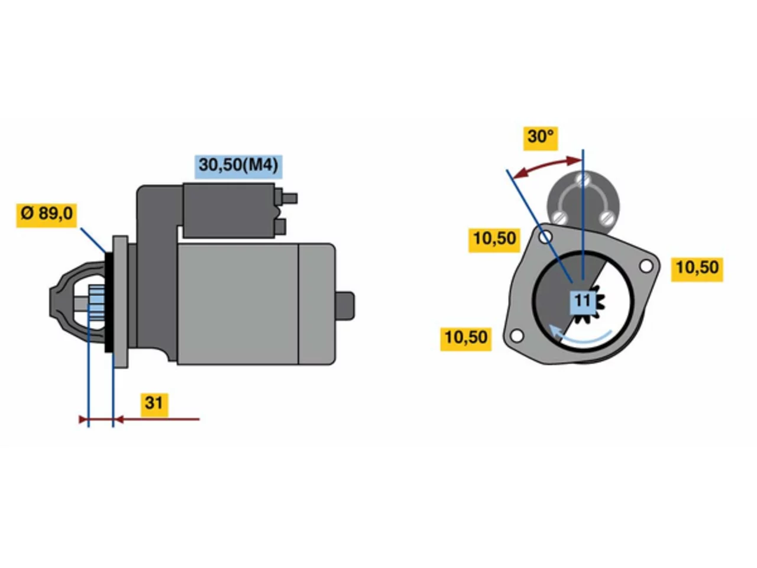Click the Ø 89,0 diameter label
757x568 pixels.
pos(46,215)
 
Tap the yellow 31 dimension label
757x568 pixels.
pos(154,404)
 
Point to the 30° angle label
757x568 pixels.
pos(540,138)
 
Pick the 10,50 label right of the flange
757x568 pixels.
pos(696,269)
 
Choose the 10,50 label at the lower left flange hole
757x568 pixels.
pos(465,338)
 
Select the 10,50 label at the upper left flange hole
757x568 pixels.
pos(494,240)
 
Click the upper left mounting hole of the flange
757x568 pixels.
pos(545,237)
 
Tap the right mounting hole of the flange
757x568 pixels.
pos(646,266)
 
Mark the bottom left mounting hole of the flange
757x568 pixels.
pos(516,335)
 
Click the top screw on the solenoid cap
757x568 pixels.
pos(583,180)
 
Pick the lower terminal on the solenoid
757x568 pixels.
pos(280,227)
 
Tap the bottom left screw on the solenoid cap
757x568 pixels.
pos(559,218)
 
